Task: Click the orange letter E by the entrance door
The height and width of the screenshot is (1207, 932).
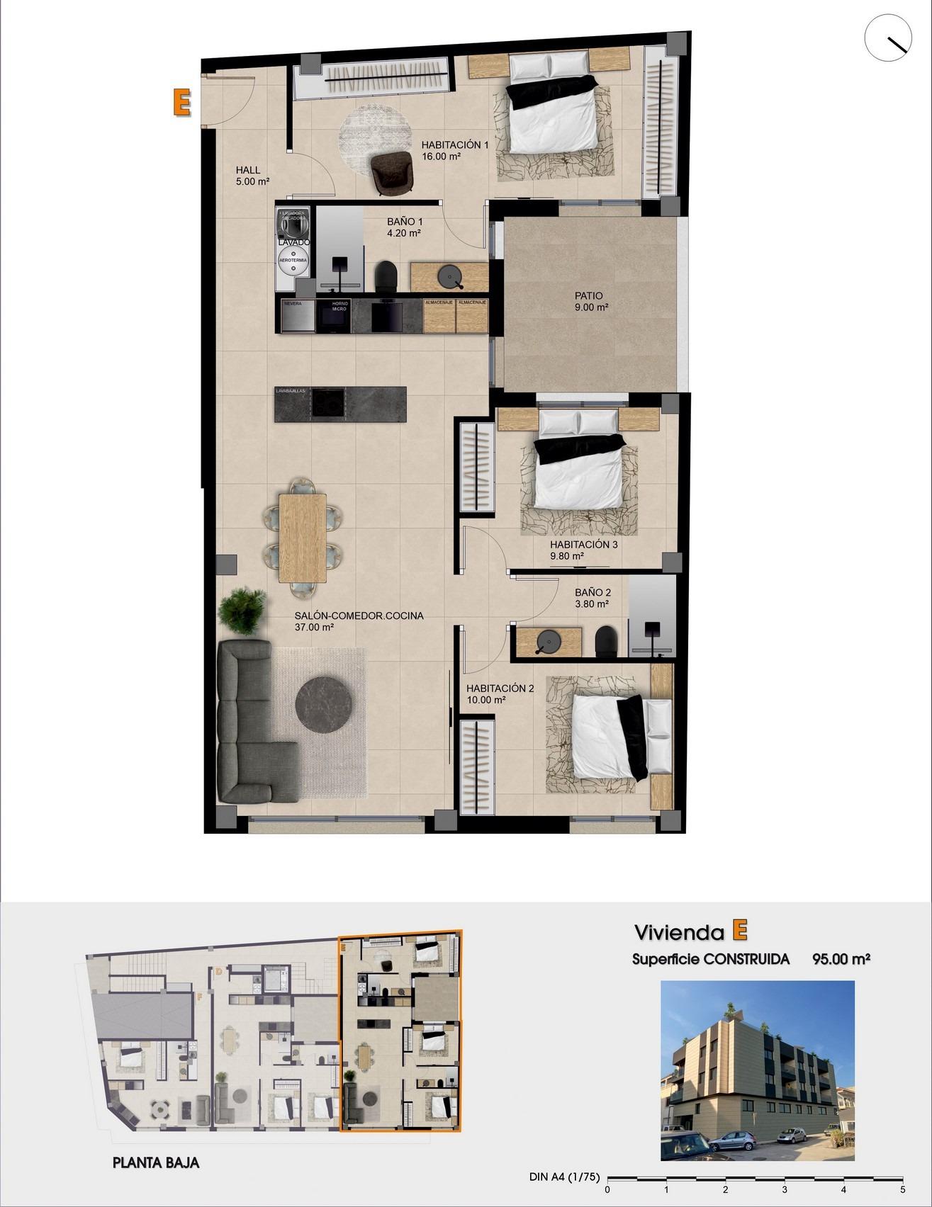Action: [x=181, y=102]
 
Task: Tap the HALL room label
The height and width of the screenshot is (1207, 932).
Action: [x=248, y=170]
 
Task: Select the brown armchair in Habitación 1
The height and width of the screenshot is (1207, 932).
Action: [x=392, y=172]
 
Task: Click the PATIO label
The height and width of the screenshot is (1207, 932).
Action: [x=589, y=296]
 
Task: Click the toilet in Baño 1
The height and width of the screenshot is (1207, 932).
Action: [x=386, y=276]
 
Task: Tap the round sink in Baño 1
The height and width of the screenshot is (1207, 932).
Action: [x=450, y=276]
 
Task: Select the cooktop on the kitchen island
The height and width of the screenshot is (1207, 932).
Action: [x=328, y=404]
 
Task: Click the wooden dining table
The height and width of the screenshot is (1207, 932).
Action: [x=303, y=536]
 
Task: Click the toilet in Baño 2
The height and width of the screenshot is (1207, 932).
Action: [x=606, y=641]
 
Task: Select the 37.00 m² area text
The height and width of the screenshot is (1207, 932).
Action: [x=314, y=627]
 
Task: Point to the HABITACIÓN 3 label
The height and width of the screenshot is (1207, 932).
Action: [x=584, y=545]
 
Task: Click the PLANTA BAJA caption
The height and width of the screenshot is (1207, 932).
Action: [x=156, y=1162]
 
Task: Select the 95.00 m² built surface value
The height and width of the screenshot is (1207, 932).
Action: [x=841, y=960]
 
